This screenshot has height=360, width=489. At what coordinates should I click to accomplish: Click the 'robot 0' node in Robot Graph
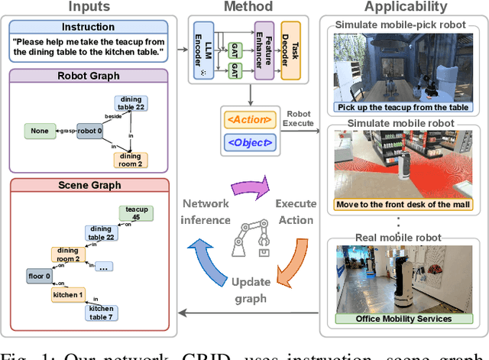(x=90, y=131)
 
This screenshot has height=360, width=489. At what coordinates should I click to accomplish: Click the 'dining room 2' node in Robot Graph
(x=130, y=160)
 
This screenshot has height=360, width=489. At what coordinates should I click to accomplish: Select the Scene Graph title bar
(x=89, y=185)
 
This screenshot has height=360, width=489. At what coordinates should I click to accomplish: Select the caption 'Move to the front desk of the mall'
(x=403, y=205)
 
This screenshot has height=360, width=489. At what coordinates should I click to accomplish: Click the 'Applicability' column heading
(x=406, y=7)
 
